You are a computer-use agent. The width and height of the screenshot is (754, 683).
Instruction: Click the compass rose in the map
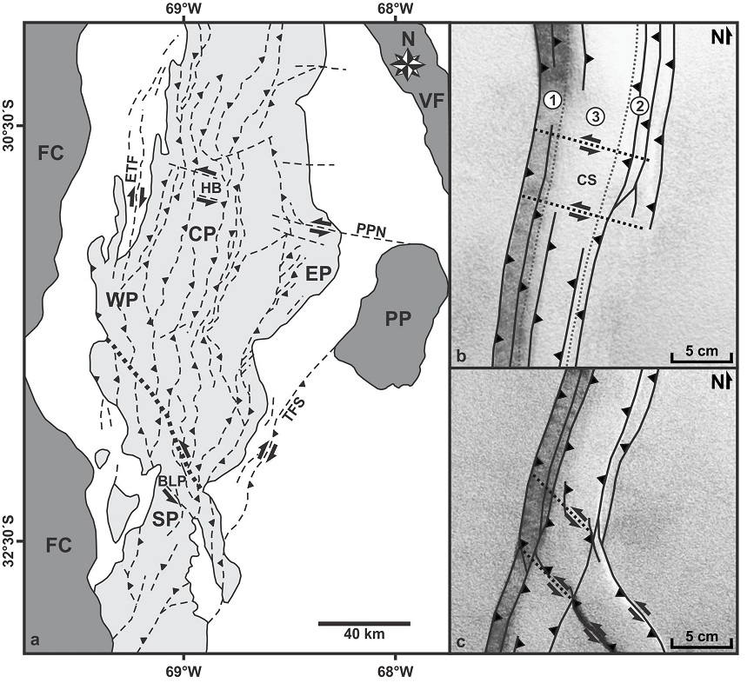point(407,63)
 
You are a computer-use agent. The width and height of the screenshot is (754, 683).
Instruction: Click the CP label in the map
point(202,234)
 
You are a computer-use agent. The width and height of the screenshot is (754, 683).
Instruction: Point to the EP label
point(319,274)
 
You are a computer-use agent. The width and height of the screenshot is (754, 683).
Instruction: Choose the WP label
point(122,300)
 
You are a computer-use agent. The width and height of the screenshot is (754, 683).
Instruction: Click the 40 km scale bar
point(364,623)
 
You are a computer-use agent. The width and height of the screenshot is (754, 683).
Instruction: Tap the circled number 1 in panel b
point(553,101)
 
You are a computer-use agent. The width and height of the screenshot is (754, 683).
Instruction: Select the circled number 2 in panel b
point(639,106)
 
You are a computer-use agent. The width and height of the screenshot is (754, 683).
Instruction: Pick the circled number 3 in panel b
point(596,116)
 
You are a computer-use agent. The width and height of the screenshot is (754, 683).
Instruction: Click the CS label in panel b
point(587,180)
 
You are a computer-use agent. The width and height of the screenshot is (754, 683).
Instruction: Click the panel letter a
point(34,640)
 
